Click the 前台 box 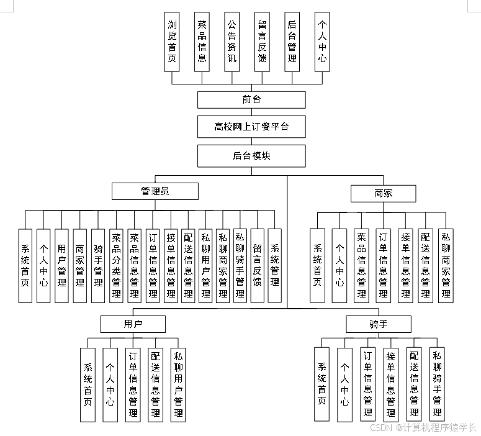(251, 100)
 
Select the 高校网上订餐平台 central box (251, 127)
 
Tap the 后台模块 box (251, 155)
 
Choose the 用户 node (133, 324)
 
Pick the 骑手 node (378, 324)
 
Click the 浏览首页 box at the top (172, 42)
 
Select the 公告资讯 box (232, 42)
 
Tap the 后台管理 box (292, 42)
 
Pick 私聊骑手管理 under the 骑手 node (437, 384)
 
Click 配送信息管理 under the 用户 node (155, 384)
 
